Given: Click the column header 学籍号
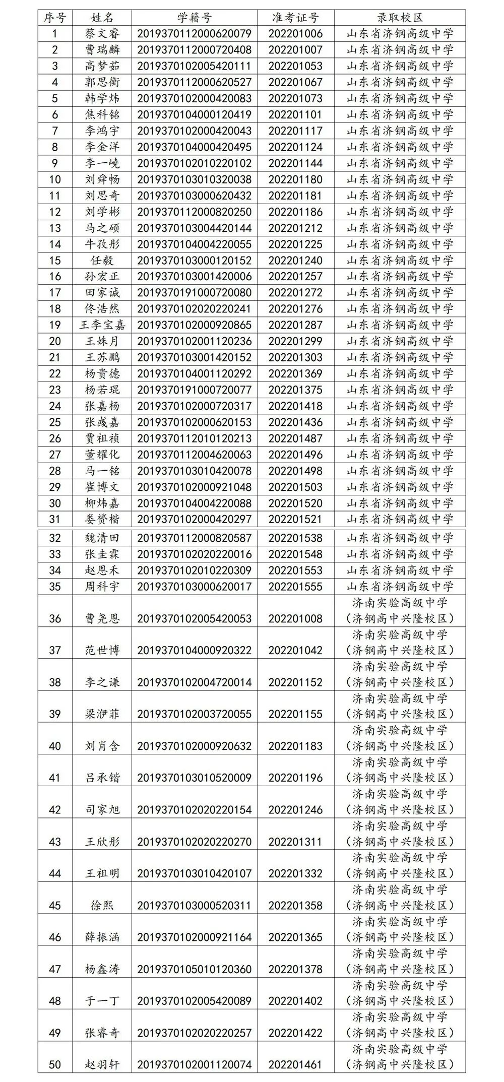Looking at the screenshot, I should [x=194, y=18].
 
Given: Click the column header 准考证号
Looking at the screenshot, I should [x=295, y=18].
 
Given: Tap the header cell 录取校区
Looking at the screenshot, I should [x=400, y=18].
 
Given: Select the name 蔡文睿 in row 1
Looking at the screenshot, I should [x=102, y=34].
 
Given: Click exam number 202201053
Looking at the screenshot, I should [x=295, y=66].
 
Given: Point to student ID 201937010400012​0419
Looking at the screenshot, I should [x=194, y=114].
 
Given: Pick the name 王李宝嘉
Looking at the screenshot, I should [x=102, y=325].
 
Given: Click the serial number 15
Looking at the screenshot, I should [x=55, y=261].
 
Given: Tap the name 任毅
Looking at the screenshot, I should [x=102, y=261].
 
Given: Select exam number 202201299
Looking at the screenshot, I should [x=295, y=341].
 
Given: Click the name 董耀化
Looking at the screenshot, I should [x=102, y=455].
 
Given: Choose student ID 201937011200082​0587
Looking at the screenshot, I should [x=194, y=538].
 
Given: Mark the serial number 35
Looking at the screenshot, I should [x=55, y=587].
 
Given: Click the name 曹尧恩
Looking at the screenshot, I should [x=102, y=618].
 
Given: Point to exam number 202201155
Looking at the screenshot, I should [x=295, y=714].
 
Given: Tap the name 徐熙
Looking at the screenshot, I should [x=102, y=905].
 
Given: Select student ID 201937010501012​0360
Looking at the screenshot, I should [x=194, y=969].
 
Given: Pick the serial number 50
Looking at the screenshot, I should [x=55, y=1064].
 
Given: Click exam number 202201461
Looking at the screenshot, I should [x=295, y=1064].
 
